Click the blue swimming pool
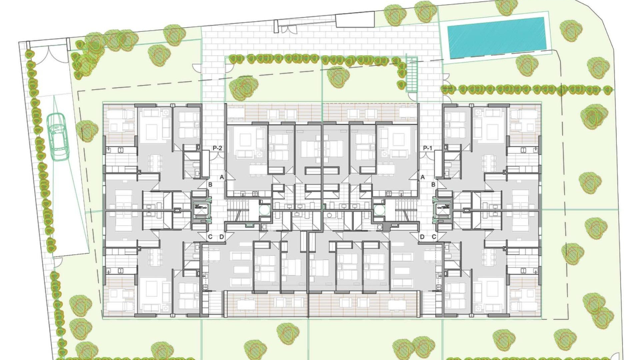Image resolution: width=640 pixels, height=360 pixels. point(496,37)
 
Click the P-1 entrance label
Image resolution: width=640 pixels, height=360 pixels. point(427,148)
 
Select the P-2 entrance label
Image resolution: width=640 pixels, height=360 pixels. point(217,148)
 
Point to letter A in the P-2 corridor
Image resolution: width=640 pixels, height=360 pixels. point(222,177)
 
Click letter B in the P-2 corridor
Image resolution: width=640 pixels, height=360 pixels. point(210,184)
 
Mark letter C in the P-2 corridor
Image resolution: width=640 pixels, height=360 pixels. point(210,237)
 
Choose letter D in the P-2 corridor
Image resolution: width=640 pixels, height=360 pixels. point(222,237)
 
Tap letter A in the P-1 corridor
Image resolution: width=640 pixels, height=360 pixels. point(422,177)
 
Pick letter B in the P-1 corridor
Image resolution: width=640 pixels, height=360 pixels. point(433,184)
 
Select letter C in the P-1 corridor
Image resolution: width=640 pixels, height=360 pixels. point(434,237)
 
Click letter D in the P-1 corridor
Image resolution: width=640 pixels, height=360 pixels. point(422,237)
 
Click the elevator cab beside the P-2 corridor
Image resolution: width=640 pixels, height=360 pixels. point(201,210)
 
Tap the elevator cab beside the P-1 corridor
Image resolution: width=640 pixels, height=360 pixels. point(442,210)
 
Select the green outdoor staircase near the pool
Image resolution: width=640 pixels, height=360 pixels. point(412,75)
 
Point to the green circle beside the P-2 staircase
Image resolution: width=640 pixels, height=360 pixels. point(265,210)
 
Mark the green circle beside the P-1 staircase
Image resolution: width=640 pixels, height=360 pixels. point(379,210)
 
